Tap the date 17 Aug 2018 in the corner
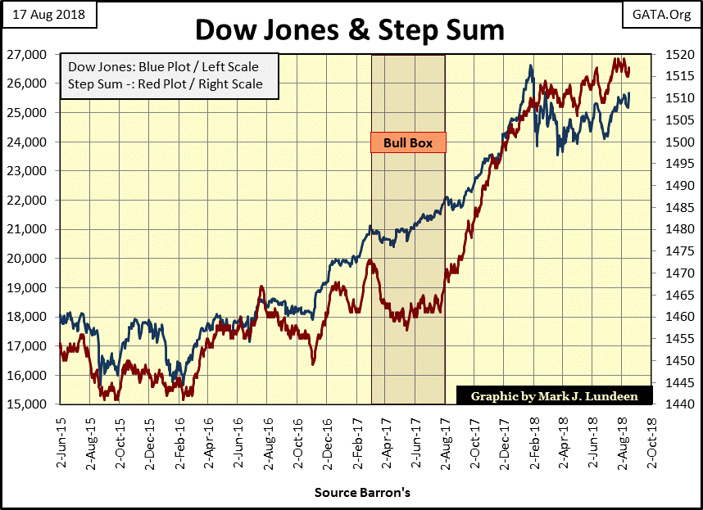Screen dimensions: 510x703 tap(48, 14)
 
